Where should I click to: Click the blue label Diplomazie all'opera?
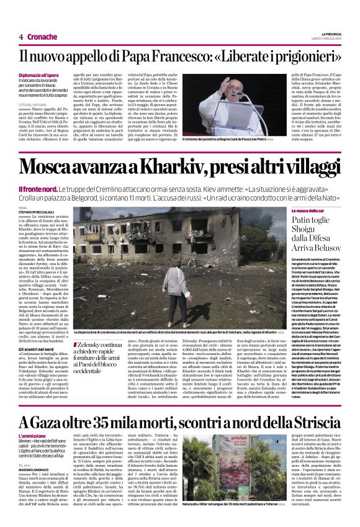[x=41, y=74]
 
